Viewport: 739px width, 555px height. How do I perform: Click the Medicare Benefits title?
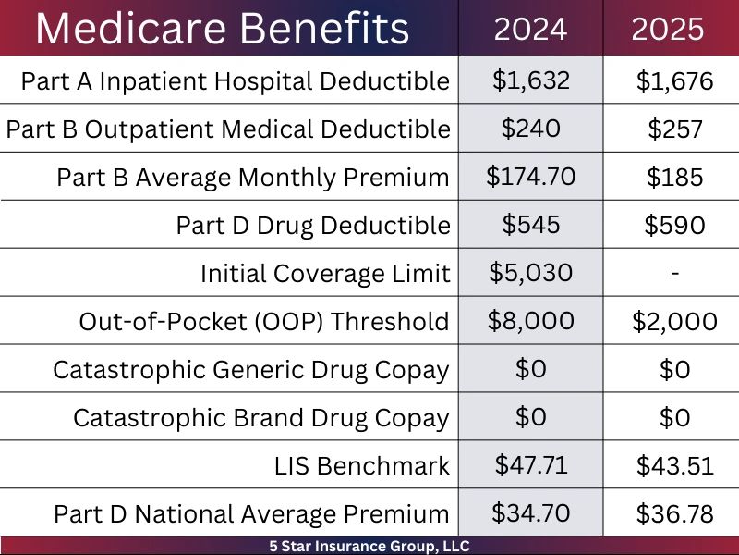[222, 29]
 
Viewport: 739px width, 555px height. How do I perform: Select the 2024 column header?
[530, 30]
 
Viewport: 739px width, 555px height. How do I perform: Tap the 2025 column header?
[668, 30]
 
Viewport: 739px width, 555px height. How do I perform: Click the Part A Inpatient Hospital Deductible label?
[235, 80]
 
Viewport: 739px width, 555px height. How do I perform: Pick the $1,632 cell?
[530, 80]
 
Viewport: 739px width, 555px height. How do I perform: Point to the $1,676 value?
[674, 81]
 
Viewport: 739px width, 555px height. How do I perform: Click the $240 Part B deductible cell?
[530, 129]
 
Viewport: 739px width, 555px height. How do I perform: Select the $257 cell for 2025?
[674, 129]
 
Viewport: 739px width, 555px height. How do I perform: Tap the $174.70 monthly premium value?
[530, 176]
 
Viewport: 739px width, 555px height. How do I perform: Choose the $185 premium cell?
[674, 177]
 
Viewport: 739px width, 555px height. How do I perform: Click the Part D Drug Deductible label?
[313, 225]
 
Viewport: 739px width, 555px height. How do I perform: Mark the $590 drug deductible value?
[674, 225]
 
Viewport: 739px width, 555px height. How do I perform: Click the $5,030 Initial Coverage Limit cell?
[530, 273]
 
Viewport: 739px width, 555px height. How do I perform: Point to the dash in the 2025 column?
[674, 274]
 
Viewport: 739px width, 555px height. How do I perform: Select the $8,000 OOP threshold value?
[530, 321]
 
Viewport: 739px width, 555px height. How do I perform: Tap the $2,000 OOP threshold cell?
[674, 322]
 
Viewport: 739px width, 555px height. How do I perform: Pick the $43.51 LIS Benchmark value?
[674, 466]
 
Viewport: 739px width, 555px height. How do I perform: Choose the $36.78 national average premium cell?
[674, 513]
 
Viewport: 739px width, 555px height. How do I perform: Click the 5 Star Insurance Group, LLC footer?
[369, 546]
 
